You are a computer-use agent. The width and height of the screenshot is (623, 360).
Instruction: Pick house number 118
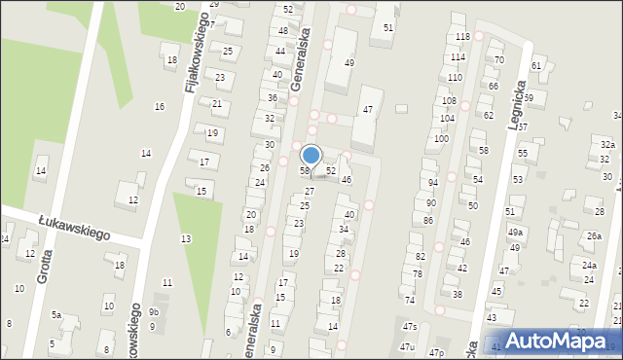click(x=462, y=37)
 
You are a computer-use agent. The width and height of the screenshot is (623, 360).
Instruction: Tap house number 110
click(x=455, y=77)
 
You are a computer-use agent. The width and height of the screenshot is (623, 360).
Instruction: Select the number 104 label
click(x=447, y=118)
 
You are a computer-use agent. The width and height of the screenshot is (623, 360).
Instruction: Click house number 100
click(x=441, y=139)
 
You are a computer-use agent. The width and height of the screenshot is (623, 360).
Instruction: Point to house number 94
click(x=431, y=183)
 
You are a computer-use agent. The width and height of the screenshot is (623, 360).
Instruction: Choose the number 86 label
click(x=427, y=221)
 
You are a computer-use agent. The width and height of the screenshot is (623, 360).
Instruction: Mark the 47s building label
click(x=410, y=327)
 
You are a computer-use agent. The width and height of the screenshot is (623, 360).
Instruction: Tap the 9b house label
click(x=154, y=312)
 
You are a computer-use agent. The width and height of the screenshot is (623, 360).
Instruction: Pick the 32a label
click(x=606, y=144)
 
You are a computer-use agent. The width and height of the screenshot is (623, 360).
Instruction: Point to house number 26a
click(x=593, y=236)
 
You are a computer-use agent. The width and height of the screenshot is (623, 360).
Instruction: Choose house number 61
click(x=536, y=66)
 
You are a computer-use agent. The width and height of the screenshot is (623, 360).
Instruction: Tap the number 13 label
click(x=185, y=238)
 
